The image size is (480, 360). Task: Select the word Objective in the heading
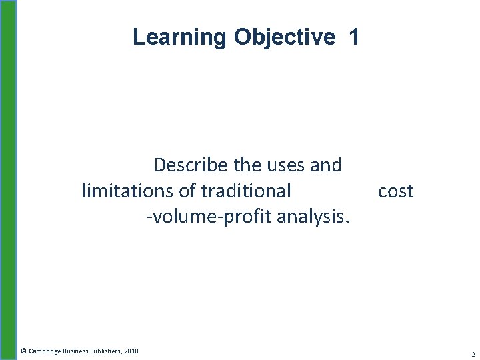(x=284, y=37)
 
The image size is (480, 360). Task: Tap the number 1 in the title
(x=353, y=37)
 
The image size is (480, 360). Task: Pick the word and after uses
(x=326, y=165)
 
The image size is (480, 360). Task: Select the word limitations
(x=129, y=191)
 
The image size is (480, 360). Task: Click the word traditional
(x=247, y=191)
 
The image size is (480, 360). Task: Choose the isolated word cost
(x=395, y=191)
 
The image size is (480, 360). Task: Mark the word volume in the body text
(x=180, y=217)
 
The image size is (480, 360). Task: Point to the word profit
(x=242, y=217)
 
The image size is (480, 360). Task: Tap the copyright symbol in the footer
(x=23, y=351)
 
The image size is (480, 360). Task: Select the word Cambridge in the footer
(x=45, y=351)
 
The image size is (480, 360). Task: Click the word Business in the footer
(x=77, y=351)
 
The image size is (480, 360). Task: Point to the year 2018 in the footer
(x=131, y=351)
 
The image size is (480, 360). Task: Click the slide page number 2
(x=472, y=354)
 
